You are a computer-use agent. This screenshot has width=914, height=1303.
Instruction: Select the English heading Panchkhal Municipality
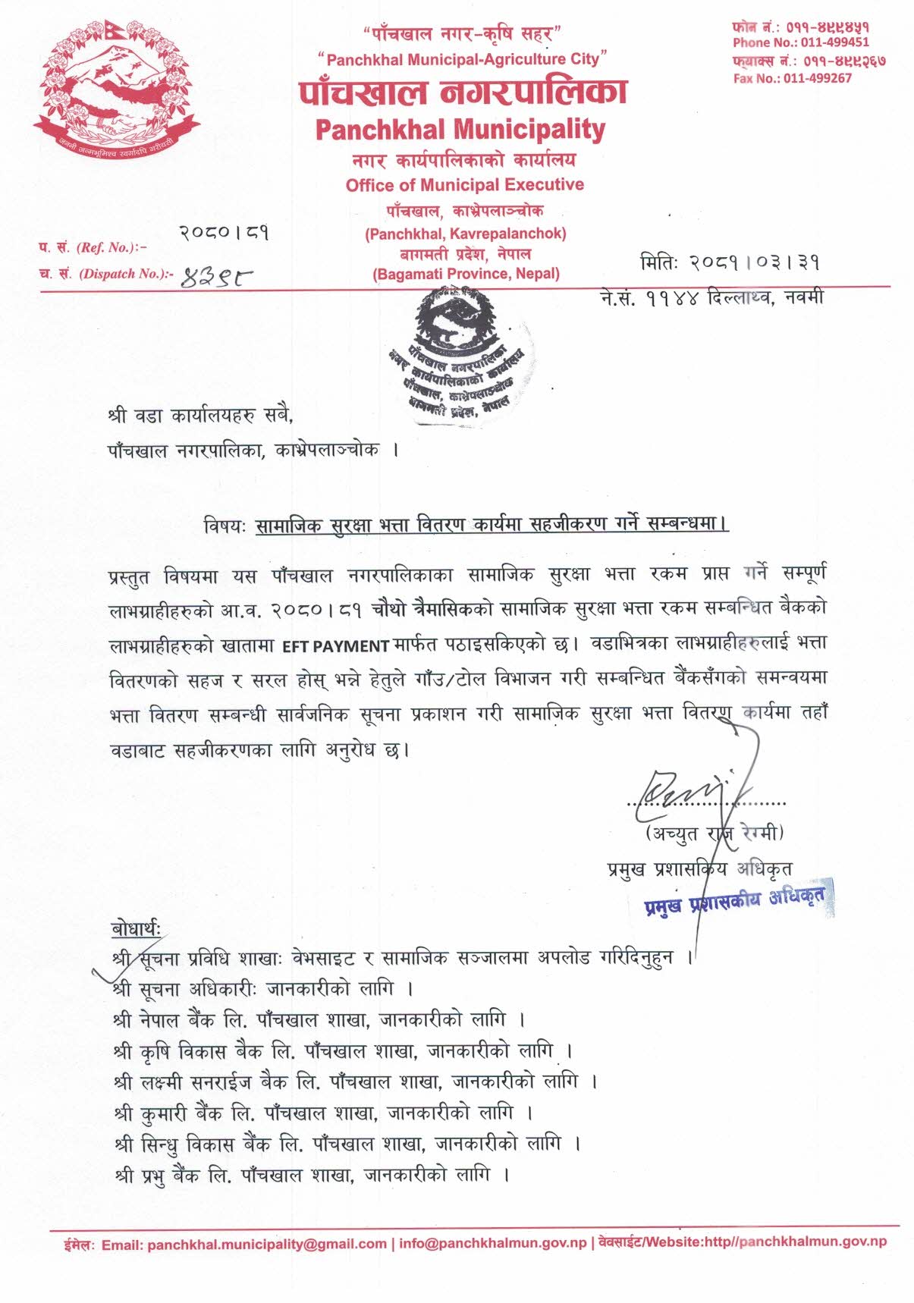(x=460, y=130)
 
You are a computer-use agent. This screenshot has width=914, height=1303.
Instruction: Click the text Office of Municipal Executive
(x=464, y=185)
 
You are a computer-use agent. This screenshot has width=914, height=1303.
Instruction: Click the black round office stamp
(x=461, y=353)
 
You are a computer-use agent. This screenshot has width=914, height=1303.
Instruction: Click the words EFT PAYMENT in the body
(x=335, y=646)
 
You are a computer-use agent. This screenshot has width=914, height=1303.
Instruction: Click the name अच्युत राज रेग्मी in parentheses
(x=714, y=834)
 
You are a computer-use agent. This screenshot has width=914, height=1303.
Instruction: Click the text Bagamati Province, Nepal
(x=466, y=274)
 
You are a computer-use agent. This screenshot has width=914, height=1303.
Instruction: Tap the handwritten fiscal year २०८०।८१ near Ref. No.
(x=225, y=233)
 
